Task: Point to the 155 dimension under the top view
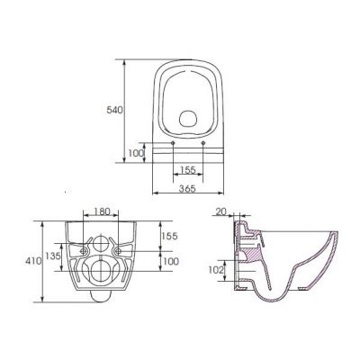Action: tap(188, 167)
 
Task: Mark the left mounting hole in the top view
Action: tap(170, 144)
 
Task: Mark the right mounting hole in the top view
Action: tap(205, 144)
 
